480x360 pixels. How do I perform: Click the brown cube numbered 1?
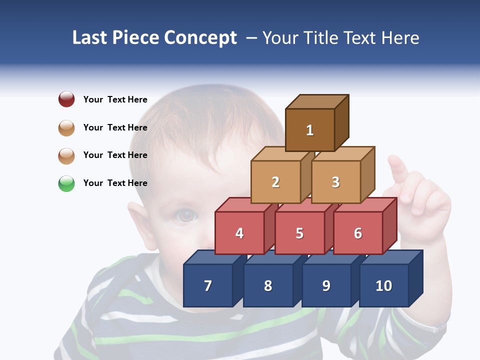(x=310, y=130)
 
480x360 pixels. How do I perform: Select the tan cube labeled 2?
(x=275, y=182)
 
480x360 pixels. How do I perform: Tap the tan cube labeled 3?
(x=335, y=182)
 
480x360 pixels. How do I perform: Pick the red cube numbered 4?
(x=239, y=233)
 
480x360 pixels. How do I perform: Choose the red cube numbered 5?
(x=299, y=233)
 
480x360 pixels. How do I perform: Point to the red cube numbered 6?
(x=358, y=233)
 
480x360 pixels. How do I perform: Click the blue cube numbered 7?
(x=208, y=285)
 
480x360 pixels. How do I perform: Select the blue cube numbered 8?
(x=268, y=285)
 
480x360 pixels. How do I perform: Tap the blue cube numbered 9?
(x=326, y=285)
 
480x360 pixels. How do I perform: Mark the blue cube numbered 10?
(x=384, y=285)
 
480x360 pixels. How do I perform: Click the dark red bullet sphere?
(x=66, y=99)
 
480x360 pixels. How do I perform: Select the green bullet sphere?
(x=66, y=183)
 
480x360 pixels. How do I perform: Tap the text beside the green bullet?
(x=115, y=183)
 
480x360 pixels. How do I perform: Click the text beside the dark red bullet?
(x=115, y=99)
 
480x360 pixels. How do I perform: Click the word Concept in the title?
(x=200, y=38)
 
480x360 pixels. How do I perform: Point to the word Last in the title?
(x=90, y=38)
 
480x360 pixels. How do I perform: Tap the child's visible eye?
(x=186, y=215)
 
